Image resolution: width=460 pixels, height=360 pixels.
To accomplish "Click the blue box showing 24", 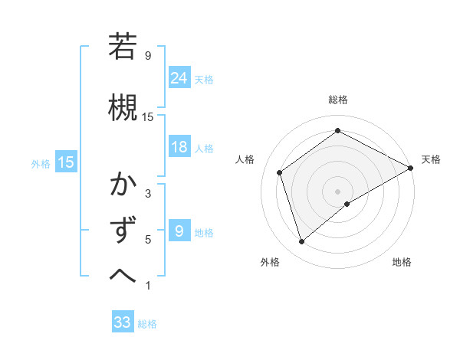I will (x=179, y=77).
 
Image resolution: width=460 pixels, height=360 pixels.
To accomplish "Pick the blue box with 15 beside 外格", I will (x=66, y=162).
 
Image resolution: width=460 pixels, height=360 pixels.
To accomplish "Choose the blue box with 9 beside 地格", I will (x=179, y=231).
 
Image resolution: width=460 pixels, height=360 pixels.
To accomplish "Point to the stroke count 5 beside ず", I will (x=148, y=240).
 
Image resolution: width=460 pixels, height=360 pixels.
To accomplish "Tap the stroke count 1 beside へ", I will (x=148, y=286).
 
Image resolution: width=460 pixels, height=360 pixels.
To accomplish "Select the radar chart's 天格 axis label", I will (x=431, y=159).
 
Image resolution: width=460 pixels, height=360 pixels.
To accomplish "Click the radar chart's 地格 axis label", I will (x=402, y=262).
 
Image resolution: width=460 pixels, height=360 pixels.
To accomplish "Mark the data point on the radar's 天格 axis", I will (x=411, y=168).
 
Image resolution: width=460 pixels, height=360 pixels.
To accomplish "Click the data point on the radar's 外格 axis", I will (x=302, y=242).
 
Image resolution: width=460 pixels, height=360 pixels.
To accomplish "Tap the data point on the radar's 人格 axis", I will (x=280, y=172).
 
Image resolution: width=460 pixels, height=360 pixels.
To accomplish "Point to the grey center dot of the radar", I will (x=337, y=191).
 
